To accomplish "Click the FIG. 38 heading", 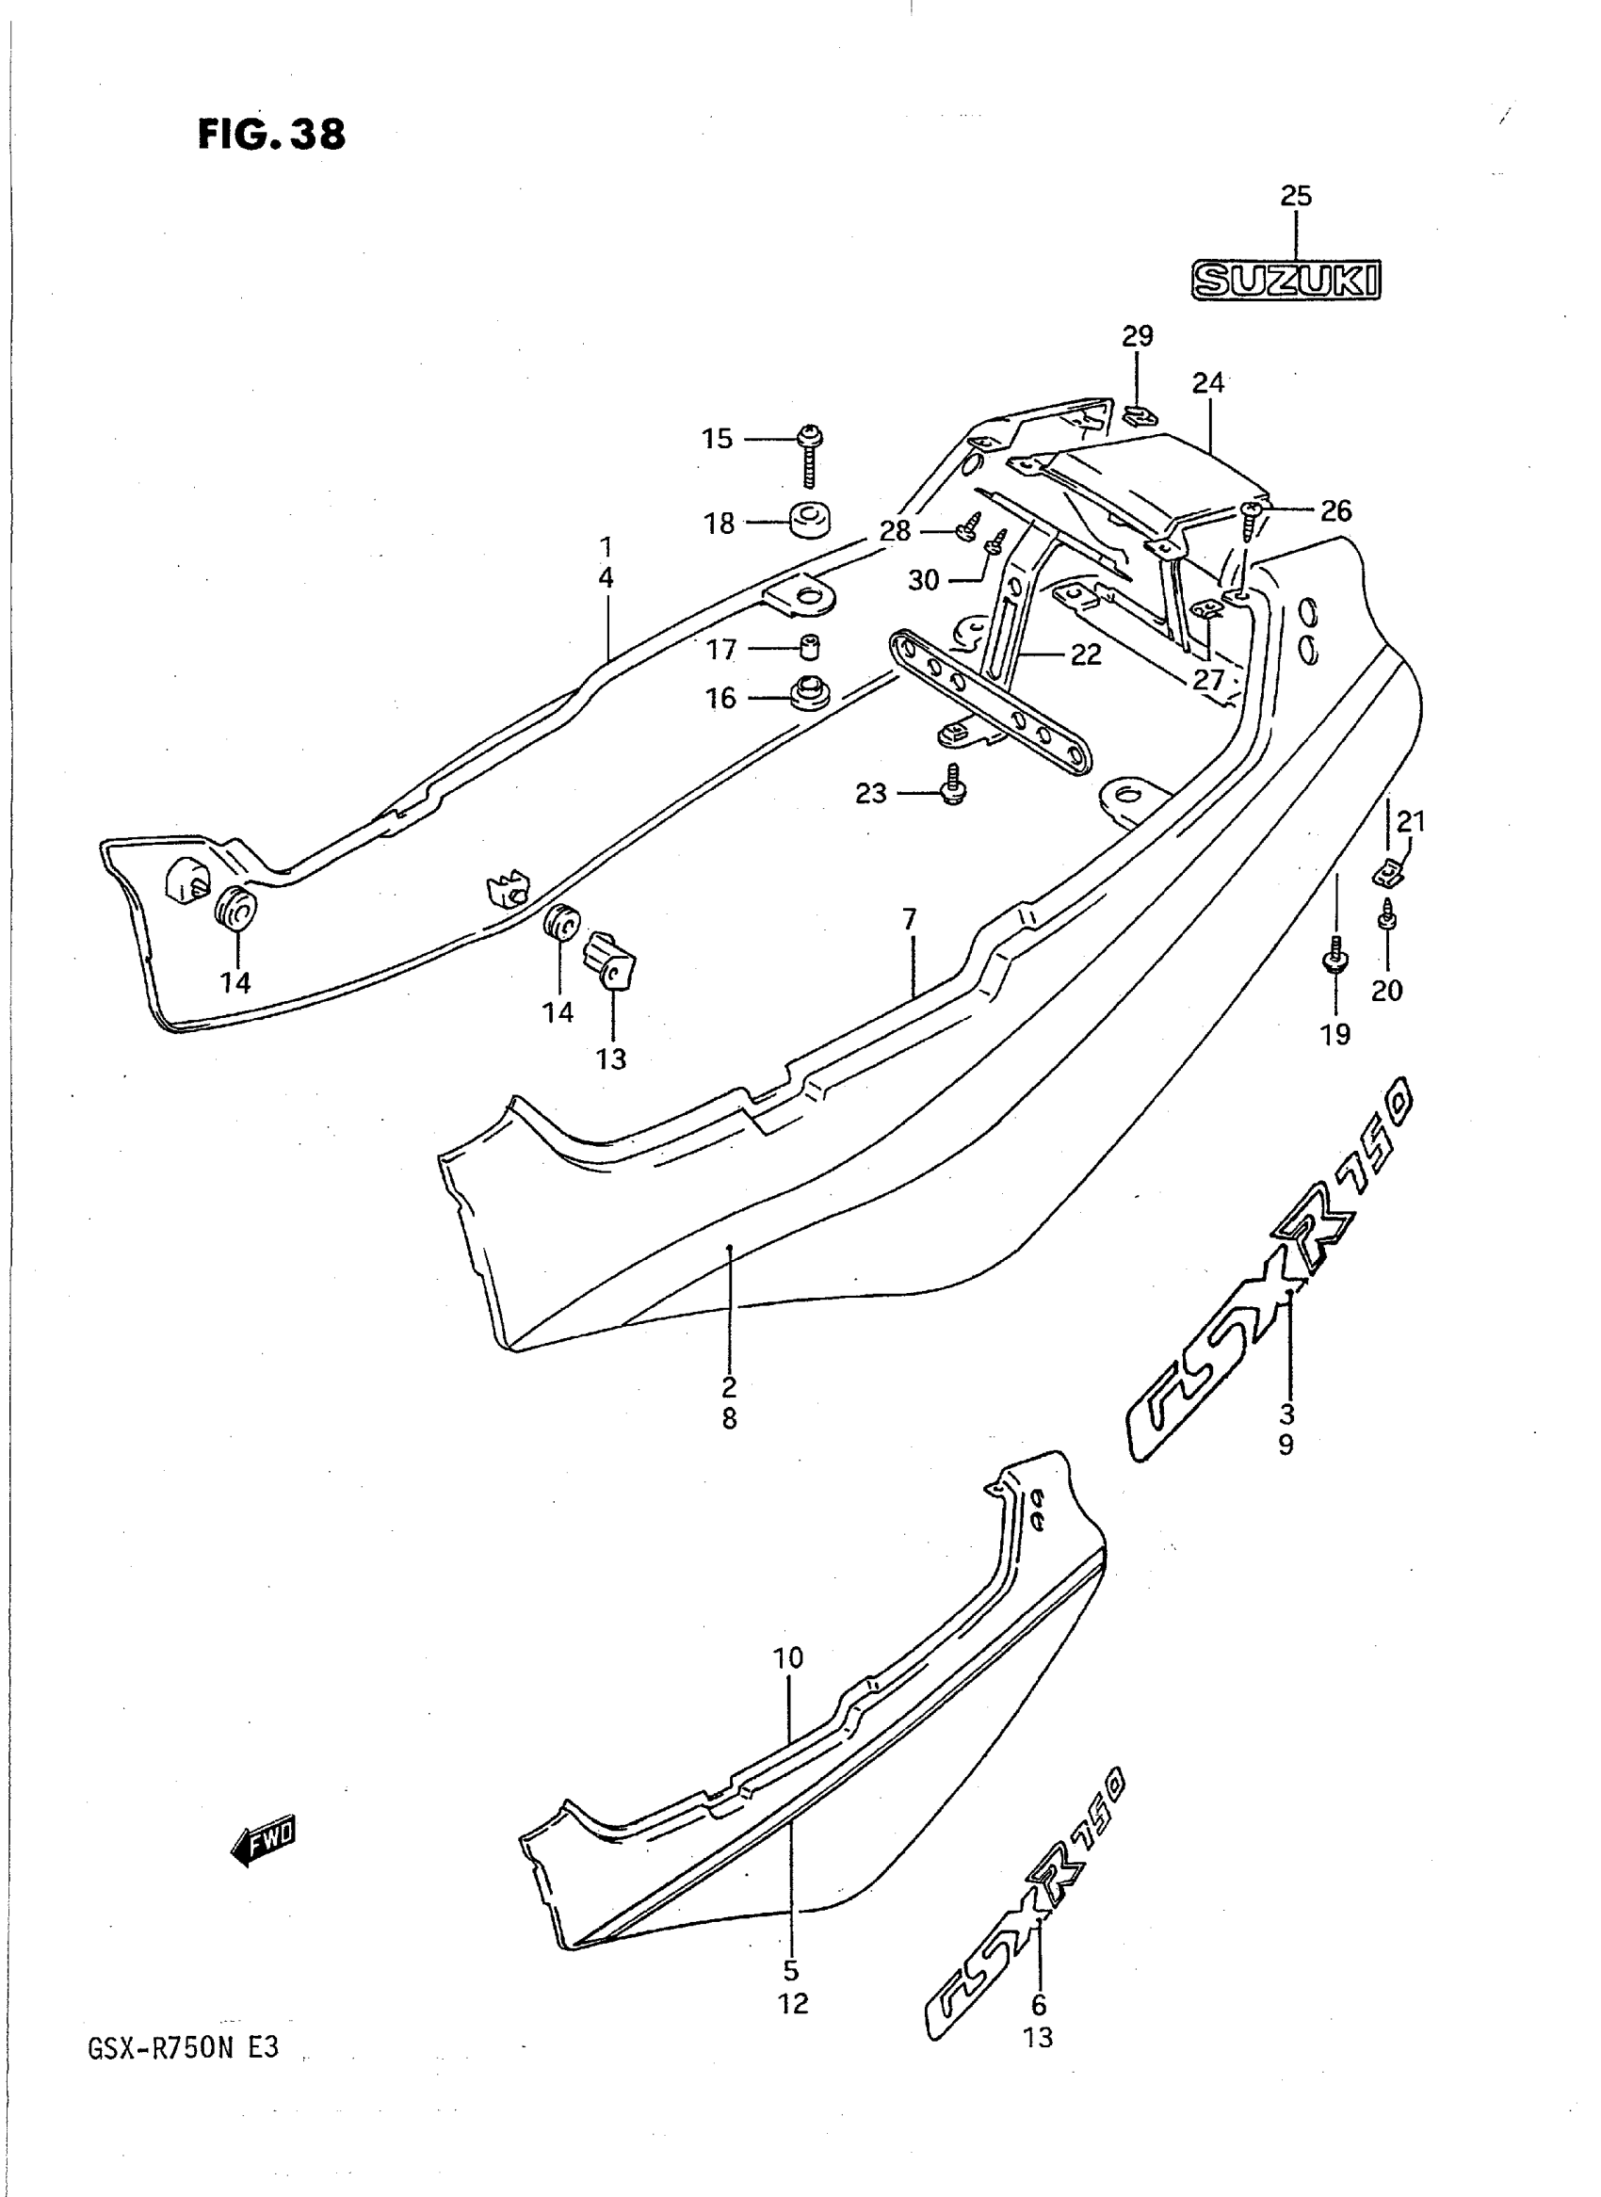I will tap(271, 134).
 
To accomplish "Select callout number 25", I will tap(1296, 196).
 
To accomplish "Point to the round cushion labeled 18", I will tap(810, 521).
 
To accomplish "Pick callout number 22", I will tap(1086, 655).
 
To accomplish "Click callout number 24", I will tap(1208, 382).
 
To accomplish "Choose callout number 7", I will tap(909, 919).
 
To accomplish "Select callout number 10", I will tap(788, 1657).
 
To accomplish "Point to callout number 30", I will tap(924, 580).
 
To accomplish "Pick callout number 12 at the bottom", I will tap(793, 2004).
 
